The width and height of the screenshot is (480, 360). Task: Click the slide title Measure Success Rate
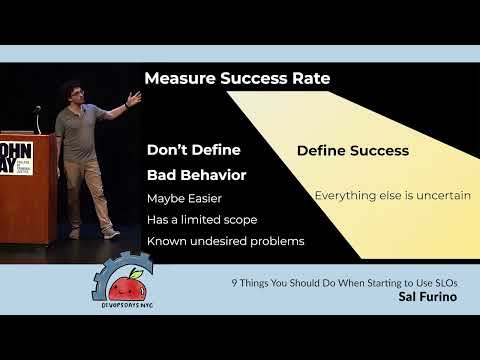coord(237,78)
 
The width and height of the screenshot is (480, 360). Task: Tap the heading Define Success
coord(352,151)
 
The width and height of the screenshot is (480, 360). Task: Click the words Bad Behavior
coord(196,175)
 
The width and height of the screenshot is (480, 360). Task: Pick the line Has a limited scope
coord(201,219)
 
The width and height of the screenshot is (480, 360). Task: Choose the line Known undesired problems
coord(225,241)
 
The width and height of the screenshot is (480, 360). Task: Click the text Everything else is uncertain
coord(392,195)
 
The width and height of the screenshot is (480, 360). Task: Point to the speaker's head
coord(70,93)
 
